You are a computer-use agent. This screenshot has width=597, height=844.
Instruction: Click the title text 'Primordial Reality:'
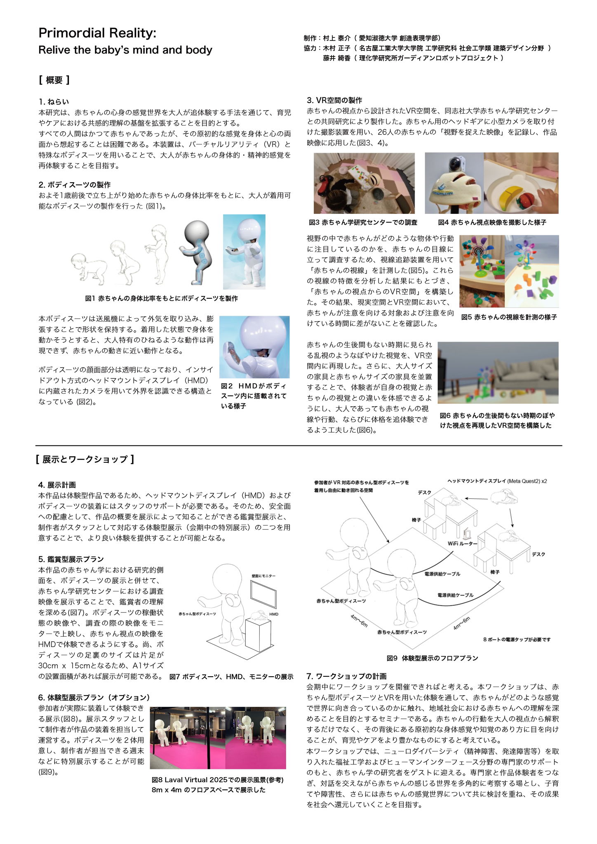pyautogui.click(x=97, y=33)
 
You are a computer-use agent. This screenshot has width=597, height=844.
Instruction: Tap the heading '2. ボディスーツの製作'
pyautogui.click(x=75, y=185)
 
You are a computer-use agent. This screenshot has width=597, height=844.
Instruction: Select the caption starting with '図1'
pyautogui.click(x=161, y=298)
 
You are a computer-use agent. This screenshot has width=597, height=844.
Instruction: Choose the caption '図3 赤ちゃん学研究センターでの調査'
pyautogui.click(x=363, y=223)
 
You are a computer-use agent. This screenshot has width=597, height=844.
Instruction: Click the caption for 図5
pyautogui.click(x=509, y=317)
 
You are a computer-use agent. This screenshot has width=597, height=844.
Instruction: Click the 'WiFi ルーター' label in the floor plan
pyautogui.click(x=462, y=544)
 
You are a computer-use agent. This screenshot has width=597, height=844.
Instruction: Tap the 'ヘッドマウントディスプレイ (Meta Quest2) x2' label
pyautogui.click(x=497, y=481)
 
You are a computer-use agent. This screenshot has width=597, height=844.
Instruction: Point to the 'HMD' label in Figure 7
pyautogui.click(x=274, y=614)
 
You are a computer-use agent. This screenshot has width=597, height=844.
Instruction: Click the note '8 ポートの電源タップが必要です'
pyautogui.click(x=517, y=640)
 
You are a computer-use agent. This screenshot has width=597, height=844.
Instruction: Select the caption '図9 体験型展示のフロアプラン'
pyautogui.click(x=432, y=658)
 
